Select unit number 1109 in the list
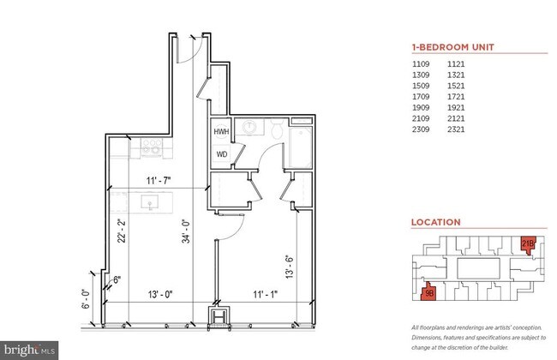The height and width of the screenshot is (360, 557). click(x=422, y=64)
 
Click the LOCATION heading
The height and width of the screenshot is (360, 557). click(x=436, y=222)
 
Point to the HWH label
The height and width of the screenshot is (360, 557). click(x=222, y=133)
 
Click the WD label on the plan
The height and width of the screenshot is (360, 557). click(x=222, y=155)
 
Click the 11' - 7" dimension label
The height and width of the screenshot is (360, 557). click(x=156, y=181)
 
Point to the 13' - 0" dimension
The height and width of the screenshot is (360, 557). click(x=159, y=296)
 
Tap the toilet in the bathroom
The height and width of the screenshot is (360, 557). click(x=276, y=129)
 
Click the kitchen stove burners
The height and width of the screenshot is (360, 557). click(x=151, y=150)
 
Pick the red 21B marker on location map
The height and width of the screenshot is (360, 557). click(x=528, y=243)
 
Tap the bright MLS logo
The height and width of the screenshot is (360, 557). click(x=30, y=350)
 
